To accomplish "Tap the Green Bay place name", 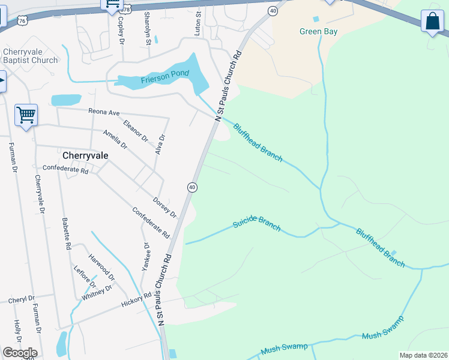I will tap(318, 31).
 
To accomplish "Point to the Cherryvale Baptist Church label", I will tap(30, 56).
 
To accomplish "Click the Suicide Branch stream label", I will tap(257, 224).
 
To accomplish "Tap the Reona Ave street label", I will tap(104, 112).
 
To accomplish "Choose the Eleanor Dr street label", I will tap(135, 131).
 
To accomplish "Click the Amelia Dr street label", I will tap(115, 139).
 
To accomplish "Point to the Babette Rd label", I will tap(67, 233).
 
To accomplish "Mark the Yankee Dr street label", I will tap(145, 257).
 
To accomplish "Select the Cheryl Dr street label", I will tap(22, 298).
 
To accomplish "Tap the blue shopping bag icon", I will tap(432, 22).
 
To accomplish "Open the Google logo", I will tap(19, 353).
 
